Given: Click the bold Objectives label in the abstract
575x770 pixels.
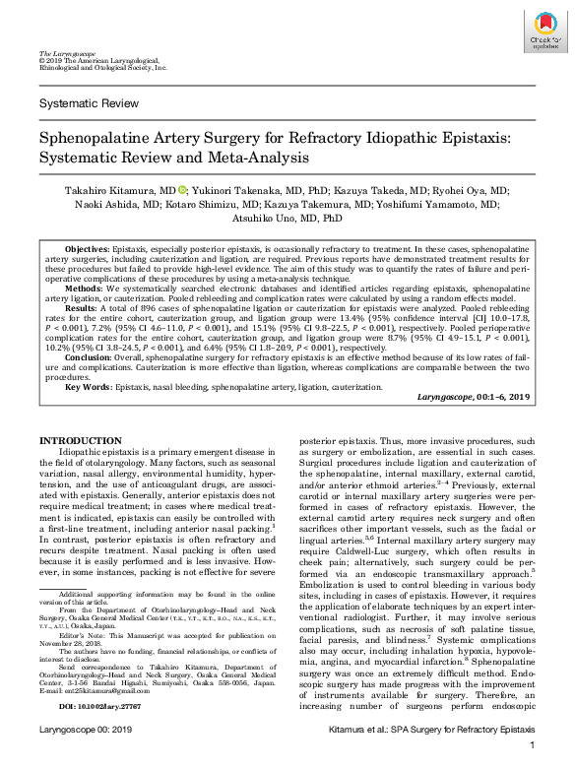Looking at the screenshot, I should click(x=87, y=251).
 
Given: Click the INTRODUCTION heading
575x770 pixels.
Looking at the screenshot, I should click(x=80, y=440).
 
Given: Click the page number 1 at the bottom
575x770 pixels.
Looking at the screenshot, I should click(x=531, y=759).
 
